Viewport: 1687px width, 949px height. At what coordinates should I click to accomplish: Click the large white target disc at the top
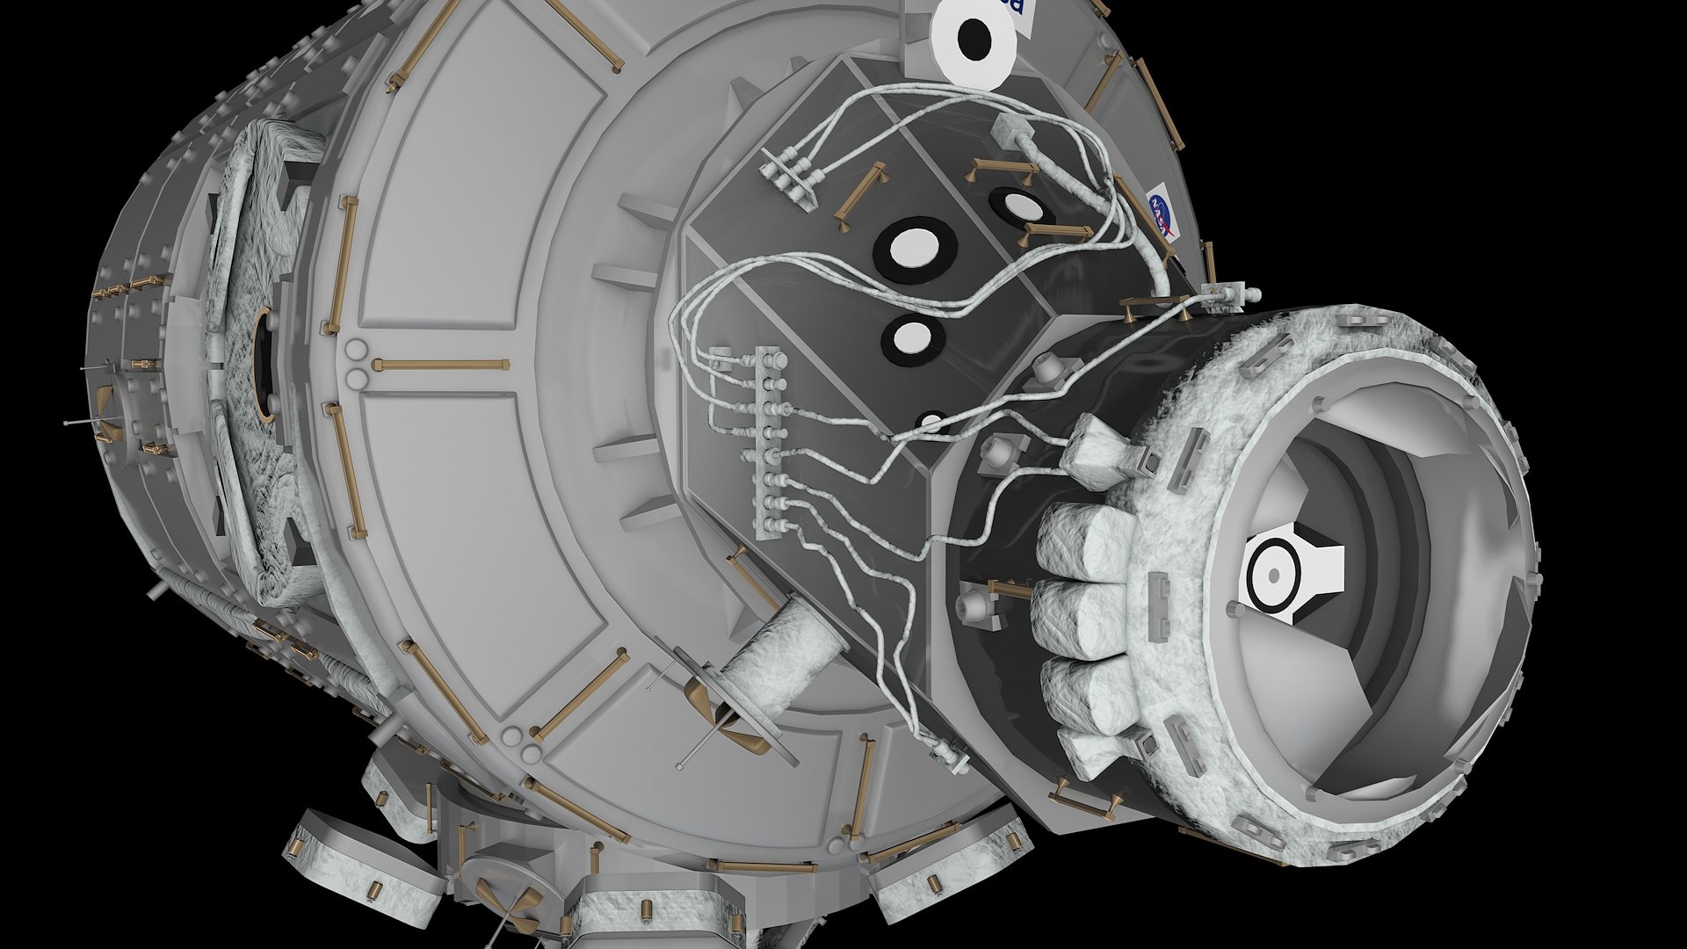[974, 37]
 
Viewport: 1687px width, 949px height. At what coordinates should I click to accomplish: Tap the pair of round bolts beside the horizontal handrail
[356, 364]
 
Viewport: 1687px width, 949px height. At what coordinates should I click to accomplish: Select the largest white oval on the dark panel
[915, 247]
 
